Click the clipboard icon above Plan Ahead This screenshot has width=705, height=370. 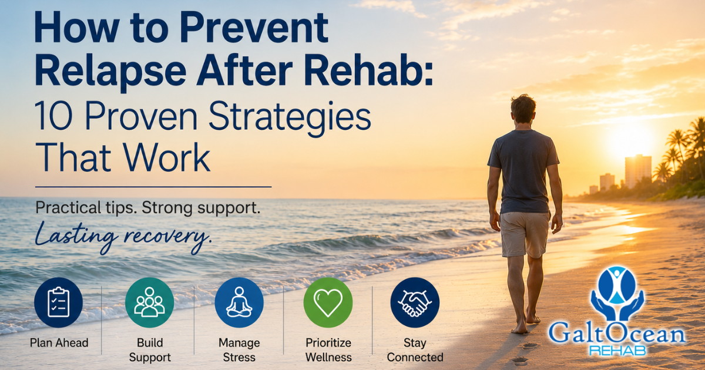pos(59,302)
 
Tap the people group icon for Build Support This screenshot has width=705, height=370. pos(149,302)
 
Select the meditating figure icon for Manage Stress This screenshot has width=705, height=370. pos(239,302)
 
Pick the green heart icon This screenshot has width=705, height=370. pos(328,302)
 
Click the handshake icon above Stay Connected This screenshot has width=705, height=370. pos(415,302)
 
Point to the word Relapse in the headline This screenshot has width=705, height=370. pos(111,71)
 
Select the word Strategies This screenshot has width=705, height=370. pos(289,118)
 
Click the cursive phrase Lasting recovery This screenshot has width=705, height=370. pos(123,237)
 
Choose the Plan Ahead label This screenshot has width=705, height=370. pos(59,342)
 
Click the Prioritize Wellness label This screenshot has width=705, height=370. pos(328,350)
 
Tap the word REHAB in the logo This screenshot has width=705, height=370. pos(617,351)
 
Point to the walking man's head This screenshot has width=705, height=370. pos(523,109)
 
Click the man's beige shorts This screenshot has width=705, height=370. pos(525,234)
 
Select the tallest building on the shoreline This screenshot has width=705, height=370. pos(638,171)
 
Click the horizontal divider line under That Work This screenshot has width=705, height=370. pos(153,187)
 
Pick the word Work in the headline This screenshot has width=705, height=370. pos(166,157)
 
